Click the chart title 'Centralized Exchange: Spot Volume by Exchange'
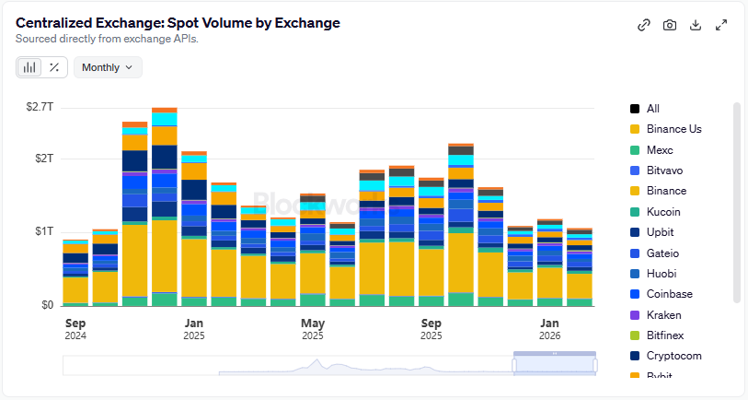tap(178, 22)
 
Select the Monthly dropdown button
tap(108, 66)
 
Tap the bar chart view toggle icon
tap(30, 66)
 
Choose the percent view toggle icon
tap(54, 66)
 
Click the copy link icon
tap(644, 25)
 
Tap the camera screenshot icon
tap(670, 25)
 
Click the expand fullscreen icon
tap(721, 25)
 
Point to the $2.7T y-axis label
tap(40, 107)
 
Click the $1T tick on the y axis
tap(44, 230)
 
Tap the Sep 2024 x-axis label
tap(75, 329)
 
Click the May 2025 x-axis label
tap(313, 329)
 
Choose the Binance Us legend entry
tap(673, 129)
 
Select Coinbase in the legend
tap(669, 294)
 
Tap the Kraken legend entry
tap(664, 315)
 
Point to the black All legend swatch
tap(635, 109)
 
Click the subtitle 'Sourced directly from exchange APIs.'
tap(106, 39)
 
